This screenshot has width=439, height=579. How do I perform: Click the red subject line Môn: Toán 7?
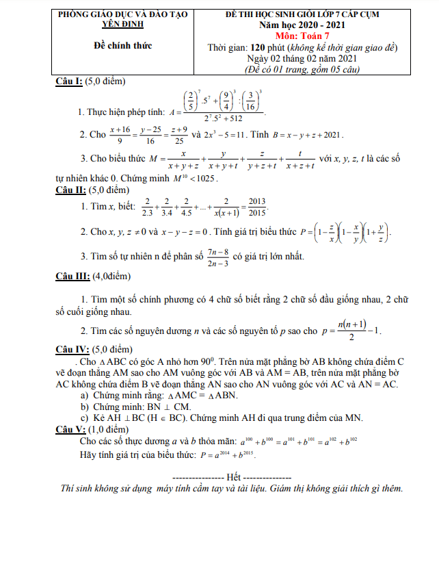pyautogui.click(x=303, y=36)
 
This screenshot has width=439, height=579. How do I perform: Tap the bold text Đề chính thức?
pyautogui.click(x=123, y=46)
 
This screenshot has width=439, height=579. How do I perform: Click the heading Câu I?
pyautogui.click(x=69, y=81)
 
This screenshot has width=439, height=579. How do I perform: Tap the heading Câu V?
pyautogui.click(x=70, y=429)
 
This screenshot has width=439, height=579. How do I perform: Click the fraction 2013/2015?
pyautogui.click(x=256, y=207)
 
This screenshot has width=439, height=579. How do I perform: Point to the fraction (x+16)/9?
pyautogui.click(x=120, y=134)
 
